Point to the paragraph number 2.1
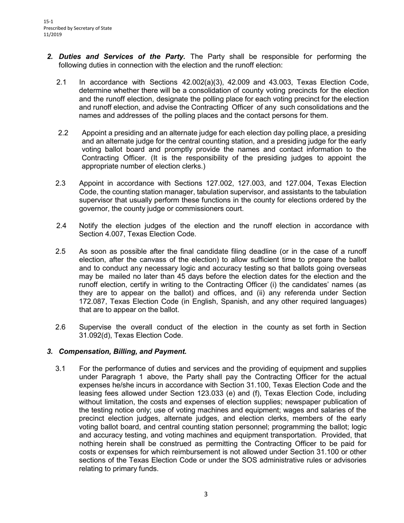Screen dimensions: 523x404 point(61,82)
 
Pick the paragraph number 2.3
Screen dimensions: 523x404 point(60,183)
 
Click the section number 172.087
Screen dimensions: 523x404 point(94,301)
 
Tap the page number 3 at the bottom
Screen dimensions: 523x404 point(206,494)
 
